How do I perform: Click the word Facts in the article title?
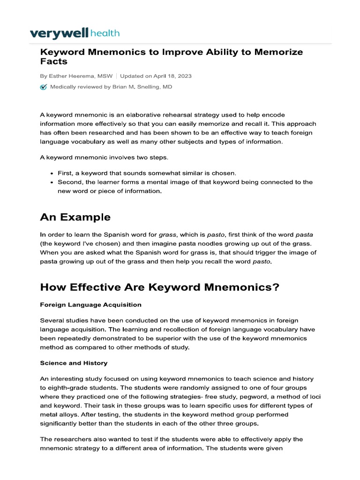tap(54, 61)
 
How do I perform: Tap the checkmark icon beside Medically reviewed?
tap(44, 87)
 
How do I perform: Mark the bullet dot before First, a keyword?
tap(51, 173)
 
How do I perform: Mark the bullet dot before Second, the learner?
tap(51, 182)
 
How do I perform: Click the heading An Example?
tap(75, 217)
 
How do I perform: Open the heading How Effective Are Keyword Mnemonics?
tap(159, 287)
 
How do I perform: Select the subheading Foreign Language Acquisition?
tap(90, 305)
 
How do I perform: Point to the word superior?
tap(172, 338)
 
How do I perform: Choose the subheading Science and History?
tap(74, 363)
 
